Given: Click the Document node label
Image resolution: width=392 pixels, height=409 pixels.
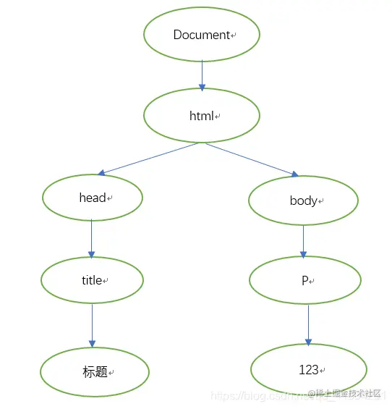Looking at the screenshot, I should click(201, 35).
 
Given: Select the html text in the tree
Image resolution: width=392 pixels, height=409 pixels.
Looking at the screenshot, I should click(202, 116).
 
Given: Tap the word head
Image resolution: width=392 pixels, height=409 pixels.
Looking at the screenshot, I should click(93, 198).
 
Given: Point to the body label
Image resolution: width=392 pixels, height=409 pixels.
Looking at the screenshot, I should click(303, 201).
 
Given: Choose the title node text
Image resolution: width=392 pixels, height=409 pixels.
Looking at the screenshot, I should click(92, 280).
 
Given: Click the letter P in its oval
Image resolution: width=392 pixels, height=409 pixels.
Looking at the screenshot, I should click(305, 280).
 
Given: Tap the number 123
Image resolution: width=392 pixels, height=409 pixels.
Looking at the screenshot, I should click(308, 370).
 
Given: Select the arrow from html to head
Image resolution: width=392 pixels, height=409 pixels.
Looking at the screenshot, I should click(148, 159).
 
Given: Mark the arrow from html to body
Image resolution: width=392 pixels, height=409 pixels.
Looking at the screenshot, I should click(251, 159).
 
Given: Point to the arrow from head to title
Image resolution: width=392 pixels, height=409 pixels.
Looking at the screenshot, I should click(92, 238).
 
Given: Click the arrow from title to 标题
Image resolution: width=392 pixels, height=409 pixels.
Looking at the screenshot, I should click(92, 325).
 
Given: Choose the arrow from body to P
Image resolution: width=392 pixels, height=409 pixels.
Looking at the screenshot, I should click(303, 240).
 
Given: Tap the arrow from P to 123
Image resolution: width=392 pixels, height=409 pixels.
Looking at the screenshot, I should click(309, 324).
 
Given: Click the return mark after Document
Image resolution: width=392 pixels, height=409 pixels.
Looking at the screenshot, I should click(234, 35).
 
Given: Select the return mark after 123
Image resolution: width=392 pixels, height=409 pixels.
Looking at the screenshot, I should click(323, 371).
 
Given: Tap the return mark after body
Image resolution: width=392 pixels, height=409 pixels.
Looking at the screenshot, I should click(321, 201).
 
